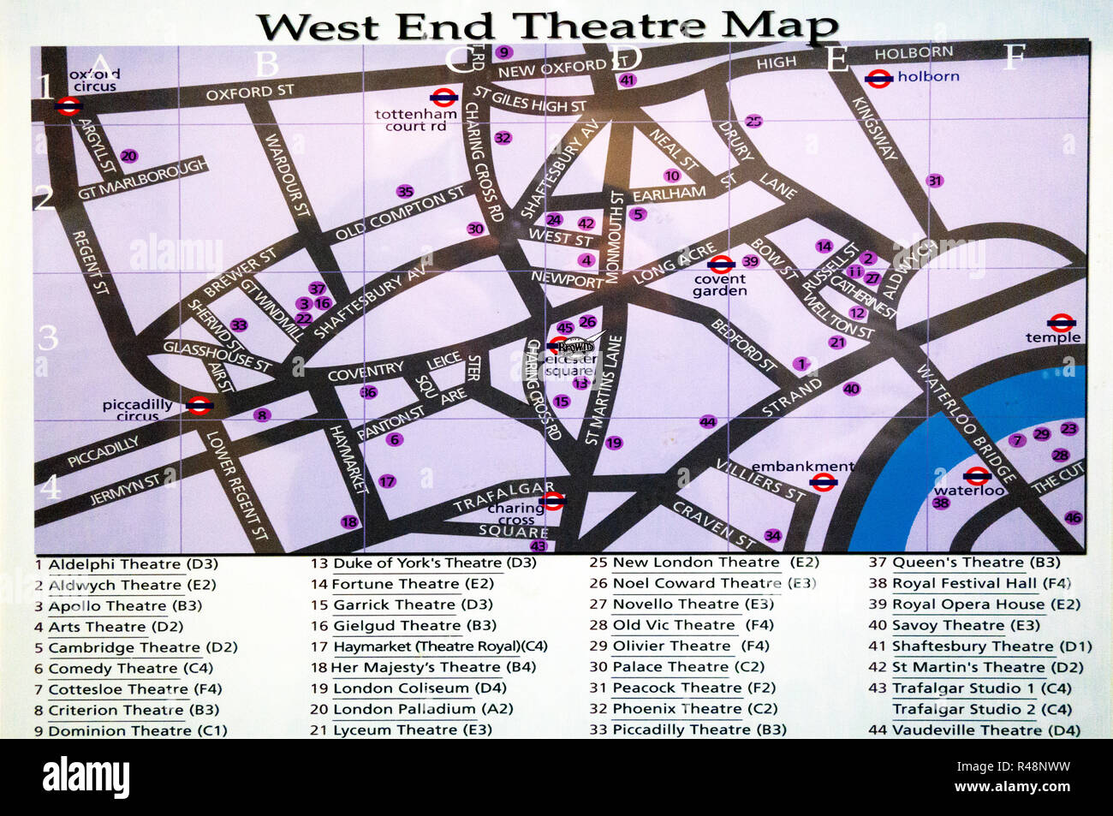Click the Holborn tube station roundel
click(879, 79)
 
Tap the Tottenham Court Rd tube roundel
click(443, 98)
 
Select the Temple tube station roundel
click(1062, 323)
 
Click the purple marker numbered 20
click(128, 156)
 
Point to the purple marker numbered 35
click(405, 192)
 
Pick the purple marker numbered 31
click(934, 181)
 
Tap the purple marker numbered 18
click(348, 521)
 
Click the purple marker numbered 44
click(707, 421)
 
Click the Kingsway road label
click(874, 128)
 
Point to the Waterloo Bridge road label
click(967, 423)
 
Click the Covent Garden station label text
click(720, 285)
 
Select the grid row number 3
click(48, 337)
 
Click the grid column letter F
click(1015, 57)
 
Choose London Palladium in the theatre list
click(403, 709)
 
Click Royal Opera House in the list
click(967, 605)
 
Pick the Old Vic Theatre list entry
click(674, 625)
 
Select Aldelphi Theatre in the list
click(115, 564)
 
